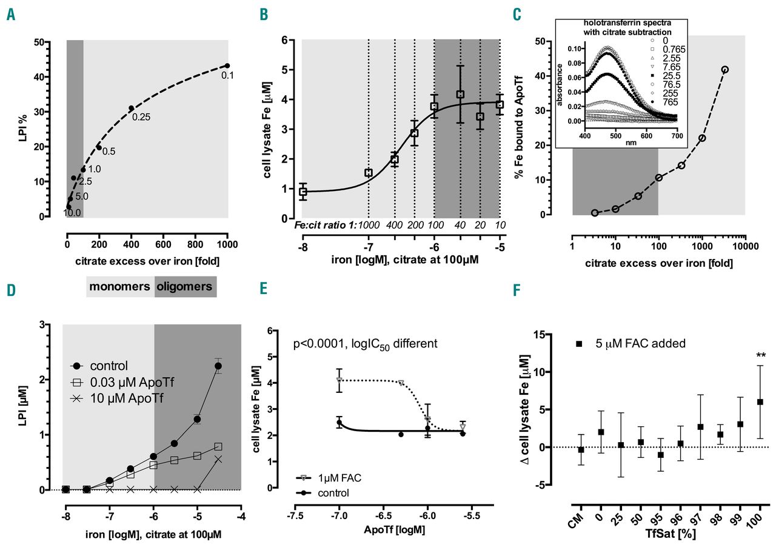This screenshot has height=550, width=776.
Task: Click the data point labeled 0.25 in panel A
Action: (131, 109)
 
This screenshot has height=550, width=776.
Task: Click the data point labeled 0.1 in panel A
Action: (227, 65)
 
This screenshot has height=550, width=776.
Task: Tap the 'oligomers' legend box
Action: (186, 287)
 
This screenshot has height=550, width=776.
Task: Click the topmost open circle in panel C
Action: (724, 69)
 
